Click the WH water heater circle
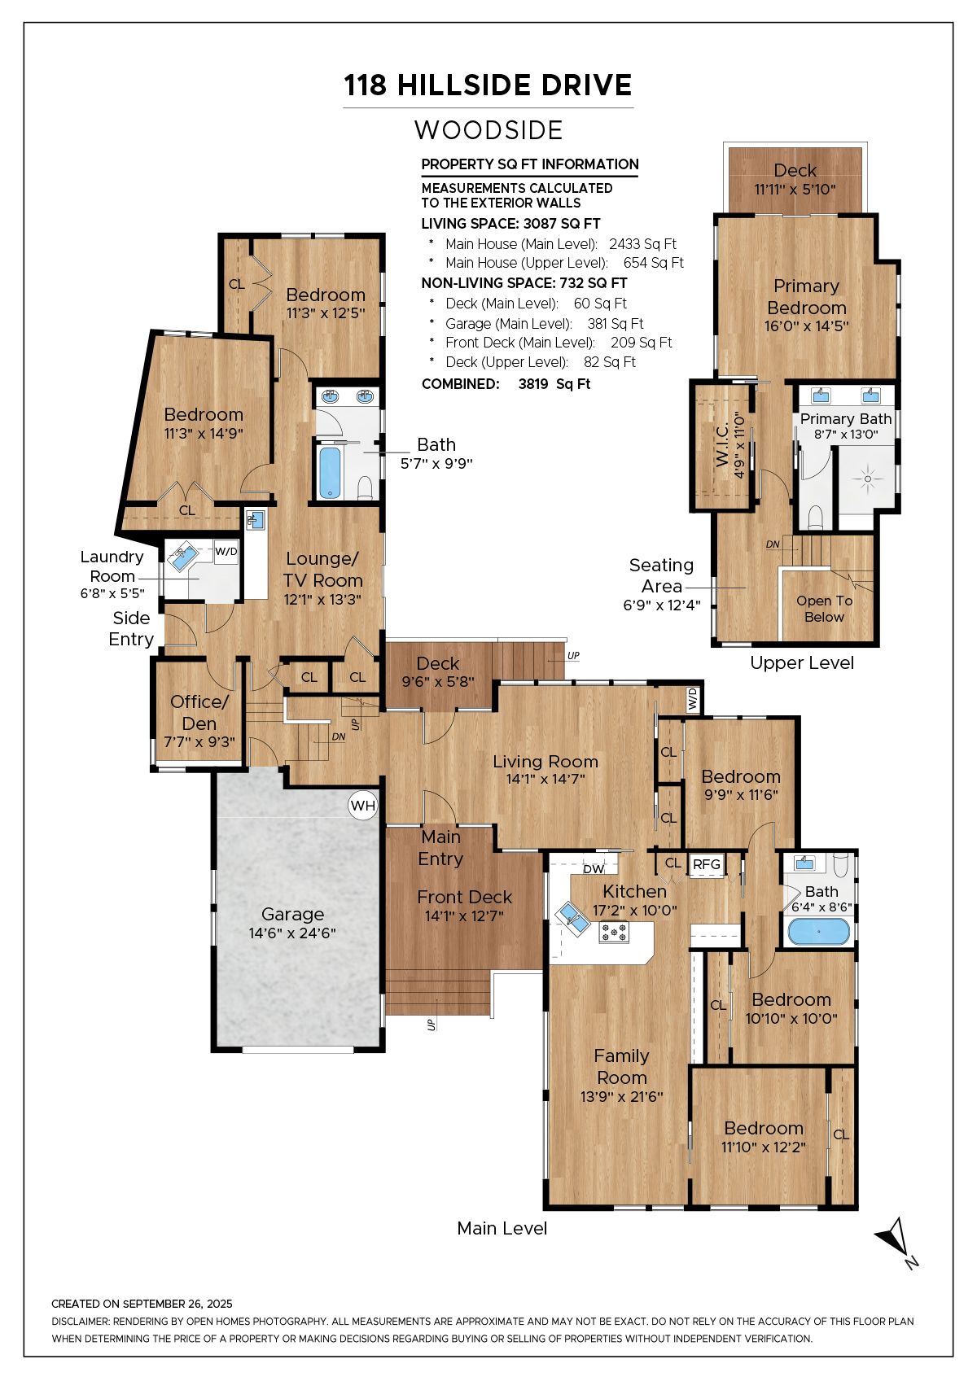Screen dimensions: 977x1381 [362, 805]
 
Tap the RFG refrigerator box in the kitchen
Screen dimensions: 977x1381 [706, 864]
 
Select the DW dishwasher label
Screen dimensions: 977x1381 [594, 868]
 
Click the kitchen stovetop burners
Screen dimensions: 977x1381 [614, 932]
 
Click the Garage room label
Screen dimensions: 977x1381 [292, 915]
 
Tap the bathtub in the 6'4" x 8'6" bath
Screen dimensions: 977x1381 [818, 932]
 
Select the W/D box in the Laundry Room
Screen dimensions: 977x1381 [226, 551]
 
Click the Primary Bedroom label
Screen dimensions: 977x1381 [807, 296]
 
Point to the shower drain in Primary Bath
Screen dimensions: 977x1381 [867, 479]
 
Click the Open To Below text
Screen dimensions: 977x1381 [824, 609]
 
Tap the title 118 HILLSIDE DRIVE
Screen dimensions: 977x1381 [488, 85]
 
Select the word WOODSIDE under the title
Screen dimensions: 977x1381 [488, 130]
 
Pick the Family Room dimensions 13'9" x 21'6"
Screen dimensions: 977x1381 [622, 1097]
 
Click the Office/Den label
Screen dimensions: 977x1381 [199, 712]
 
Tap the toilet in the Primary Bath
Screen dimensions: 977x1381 [816, 518]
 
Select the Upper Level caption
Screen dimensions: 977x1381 [802, 662]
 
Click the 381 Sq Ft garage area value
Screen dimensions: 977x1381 [615, 324]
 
